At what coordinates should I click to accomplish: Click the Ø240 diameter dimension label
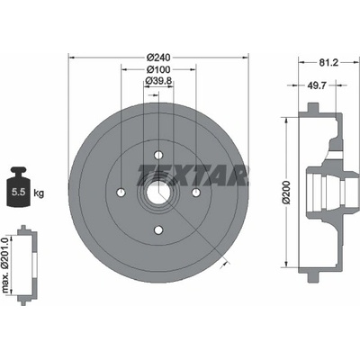click(x=158, y=57)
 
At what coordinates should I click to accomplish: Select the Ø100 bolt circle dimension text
click(x=158, y=69)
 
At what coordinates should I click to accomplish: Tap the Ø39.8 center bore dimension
click(x=158, y=80)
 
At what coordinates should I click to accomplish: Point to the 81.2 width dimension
click(x=328, y=62)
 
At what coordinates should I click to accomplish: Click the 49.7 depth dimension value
click(x=316, y=85)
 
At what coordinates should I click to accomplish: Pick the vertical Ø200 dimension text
click(x=287, y=193)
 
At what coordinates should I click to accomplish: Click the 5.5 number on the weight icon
click(x=18, y=193)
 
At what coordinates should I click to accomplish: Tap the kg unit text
click(x=39, y=193)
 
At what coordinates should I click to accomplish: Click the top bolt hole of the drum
click(x=158, y=155)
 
